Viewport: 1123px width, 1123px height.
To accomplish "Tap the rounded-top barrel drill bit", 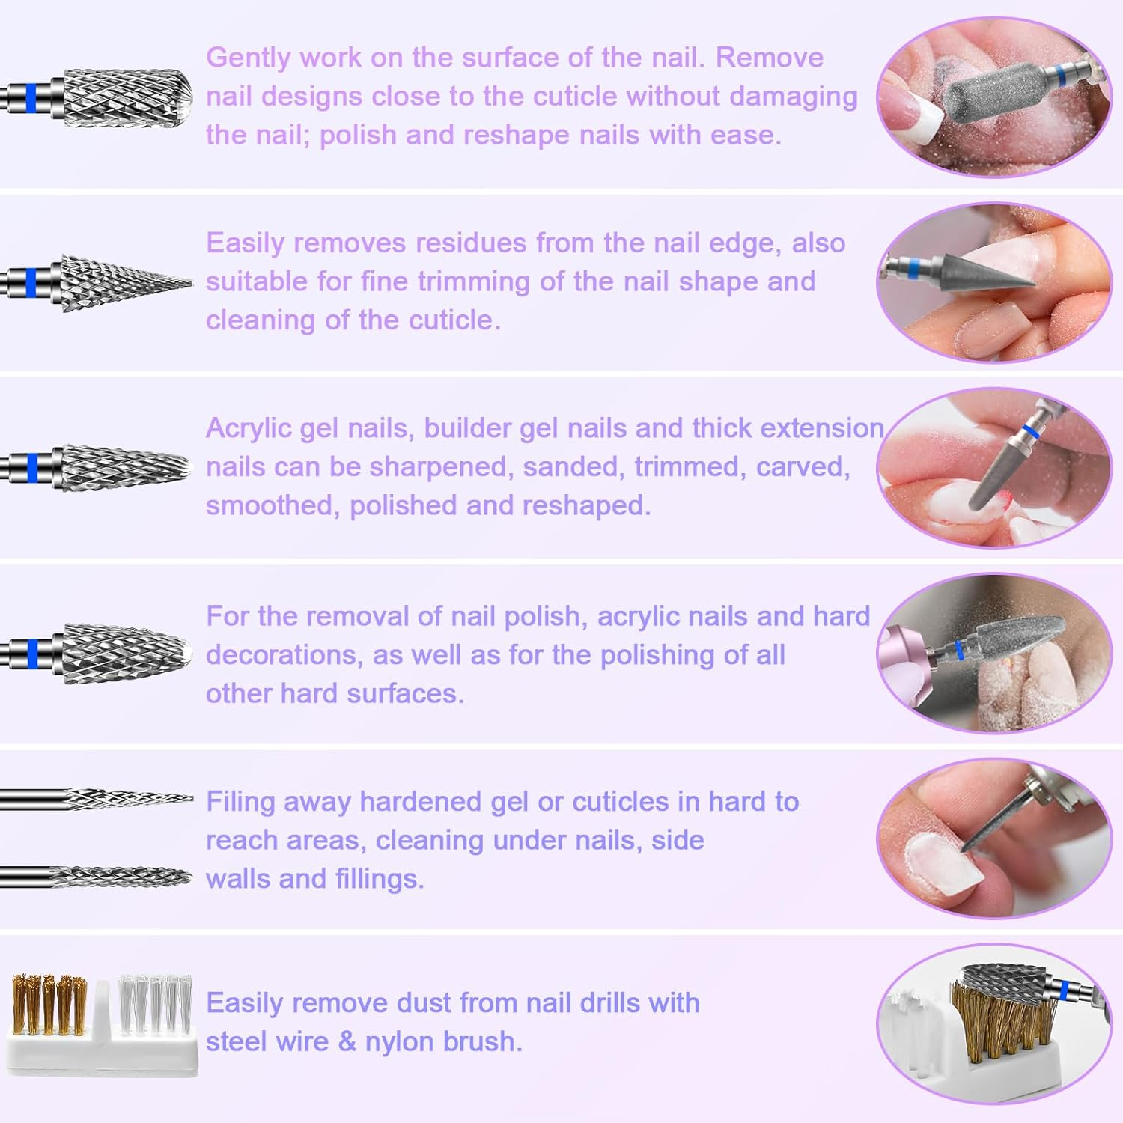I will [124, 97].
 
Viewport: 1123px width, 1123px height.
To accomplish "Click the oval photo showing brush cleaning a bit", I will [994, 1023].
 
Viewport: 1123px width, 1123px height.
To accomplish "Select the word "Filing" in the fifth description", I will [240, 802].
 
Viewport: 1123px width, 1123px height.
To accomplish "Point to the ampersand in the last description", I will [346, 1041].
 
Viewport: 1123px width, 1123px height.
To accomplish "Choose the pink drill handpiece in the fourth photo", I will [910, 651].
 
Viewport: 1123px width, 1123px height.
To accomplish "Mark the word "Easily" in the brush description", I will [246, 1003].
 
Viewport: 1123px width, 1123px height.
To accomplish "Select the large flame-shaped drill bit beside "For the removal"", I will [124, 653].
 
